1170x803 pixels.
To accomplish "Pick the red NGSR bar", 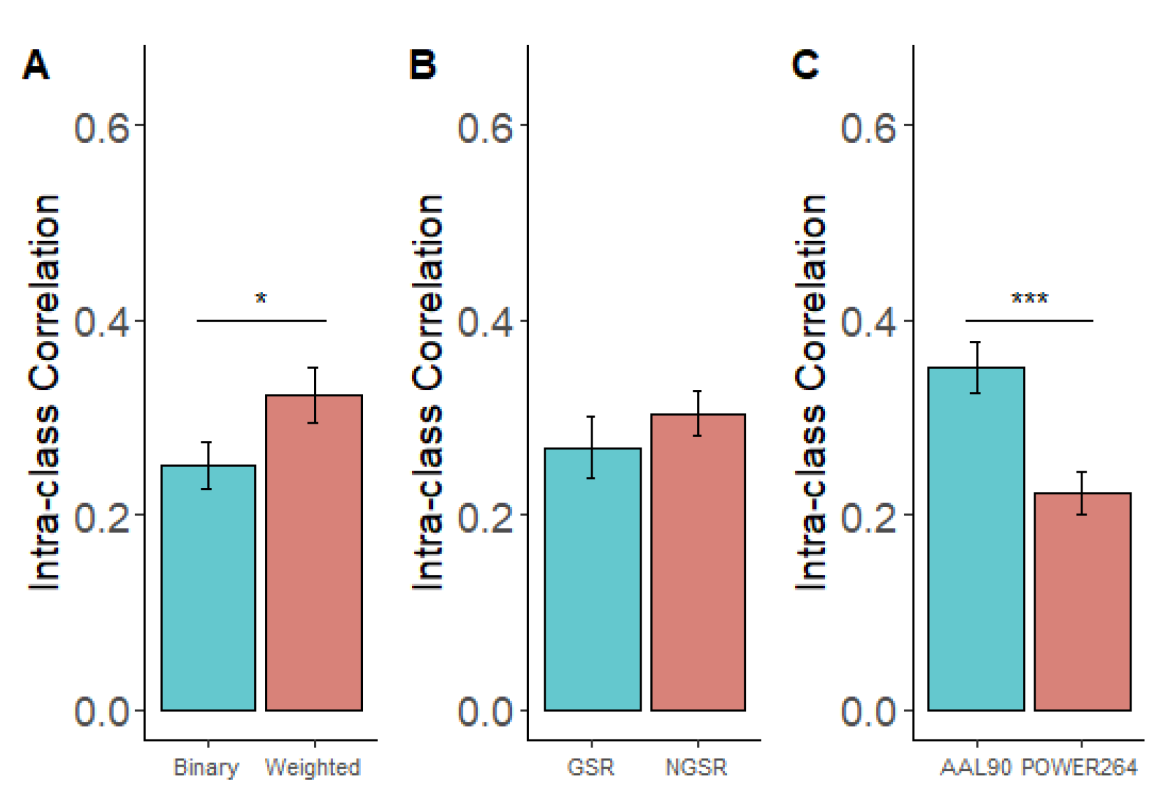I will click(x=698, y=562).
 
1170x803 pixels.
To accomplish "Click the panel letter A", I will click(x=36, y=66).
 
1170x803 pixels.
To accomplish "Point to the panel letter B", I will click(x=422, y=66).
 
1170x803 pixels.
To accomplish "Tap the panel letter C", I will click(x=805, y=66).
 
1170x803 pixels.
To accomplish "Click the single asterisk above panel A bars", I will click(x=261, y=299).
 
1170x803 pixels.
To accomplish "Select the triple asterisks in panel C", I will click(x=1030, y=299).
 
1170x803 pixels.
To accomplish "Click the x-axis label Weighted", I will click(x=313, y=767).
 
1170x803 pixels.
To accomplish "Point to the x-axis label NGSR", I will click(x=696, y=767).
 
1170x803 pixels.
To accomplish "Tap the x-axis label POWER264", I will click(x=1079, y=767).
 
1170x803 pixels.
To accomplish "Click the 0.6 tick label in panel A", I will click(x=101, y=127).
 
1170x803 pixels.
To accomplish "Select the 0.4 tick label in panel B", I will click(x=485, y=322).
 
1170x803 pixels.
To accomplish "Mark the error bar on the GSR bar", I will click(x=591, y=447).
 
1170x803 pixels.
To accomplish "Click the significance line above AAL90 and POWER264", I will click(x=1029, y=320).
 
